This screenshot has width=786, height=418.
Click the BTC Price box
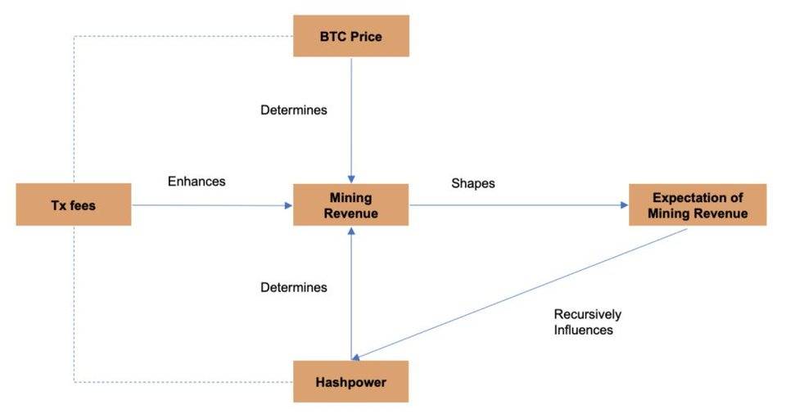click(350, 37)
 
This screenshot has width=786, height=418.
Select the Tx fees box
click(73, 205)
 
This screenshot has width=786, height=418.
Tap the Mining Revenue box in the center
click(350, 205)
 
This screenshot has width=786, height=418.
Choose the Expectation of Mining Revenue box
click(697, 205)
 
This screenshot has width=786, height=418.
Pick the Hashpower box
click(350, 381)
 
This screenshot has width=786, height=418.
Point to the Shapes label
click(472, 183)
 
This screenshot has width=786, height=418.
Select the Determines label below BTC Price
click(293, 110)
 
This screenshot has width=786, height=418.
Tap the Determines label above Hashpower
click(293, 287)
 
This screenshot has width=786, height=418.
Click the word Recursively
click(587, 314)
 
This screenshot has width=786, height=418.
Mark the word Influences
click(583, 330)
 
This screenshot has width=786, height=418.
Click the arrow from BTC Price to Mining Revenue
click(351, 123)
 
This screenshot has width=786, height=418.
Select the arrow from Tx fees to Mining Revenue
click(213, 205)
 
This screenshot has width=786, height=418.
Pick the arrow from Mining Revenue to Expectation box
click(516, 205)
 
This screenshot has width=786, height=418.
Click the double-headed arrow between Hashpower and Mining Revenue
click(351, 294)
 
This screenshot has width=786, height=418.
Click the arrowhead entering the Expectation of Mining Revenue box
click(623, 205)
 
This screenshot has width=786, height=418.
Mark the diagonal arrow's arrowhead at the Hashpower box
click(357, 357)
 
